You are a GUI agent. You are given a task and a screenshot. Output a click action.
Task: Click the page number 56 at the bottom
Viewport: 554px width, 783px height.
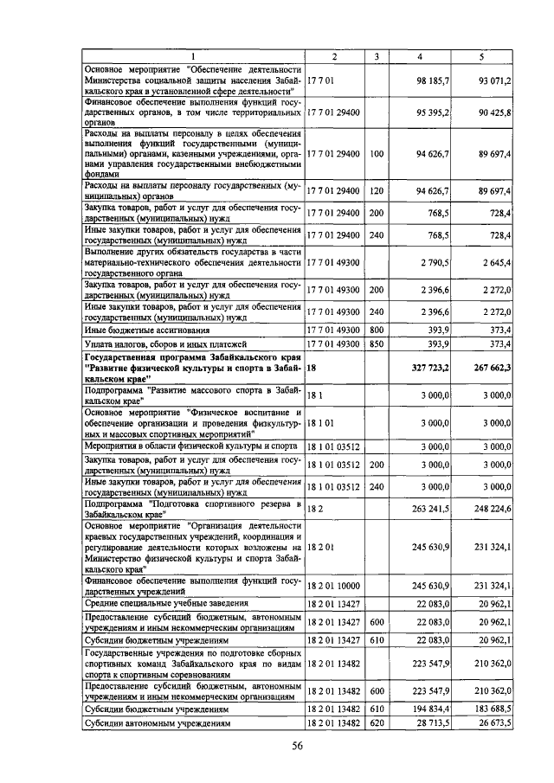point(297,747)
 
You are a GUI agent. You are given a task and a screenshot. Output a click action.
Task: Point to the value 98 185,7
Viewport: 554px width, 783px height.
point(433,80)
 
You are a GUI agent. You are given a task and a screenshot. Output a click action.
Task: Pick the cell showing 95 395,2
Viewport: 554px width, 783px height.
point(433,113)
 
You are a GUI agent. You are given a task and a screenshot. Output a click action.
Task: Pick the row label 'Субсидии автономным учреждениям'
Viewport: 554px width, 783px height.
point(157,722)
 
